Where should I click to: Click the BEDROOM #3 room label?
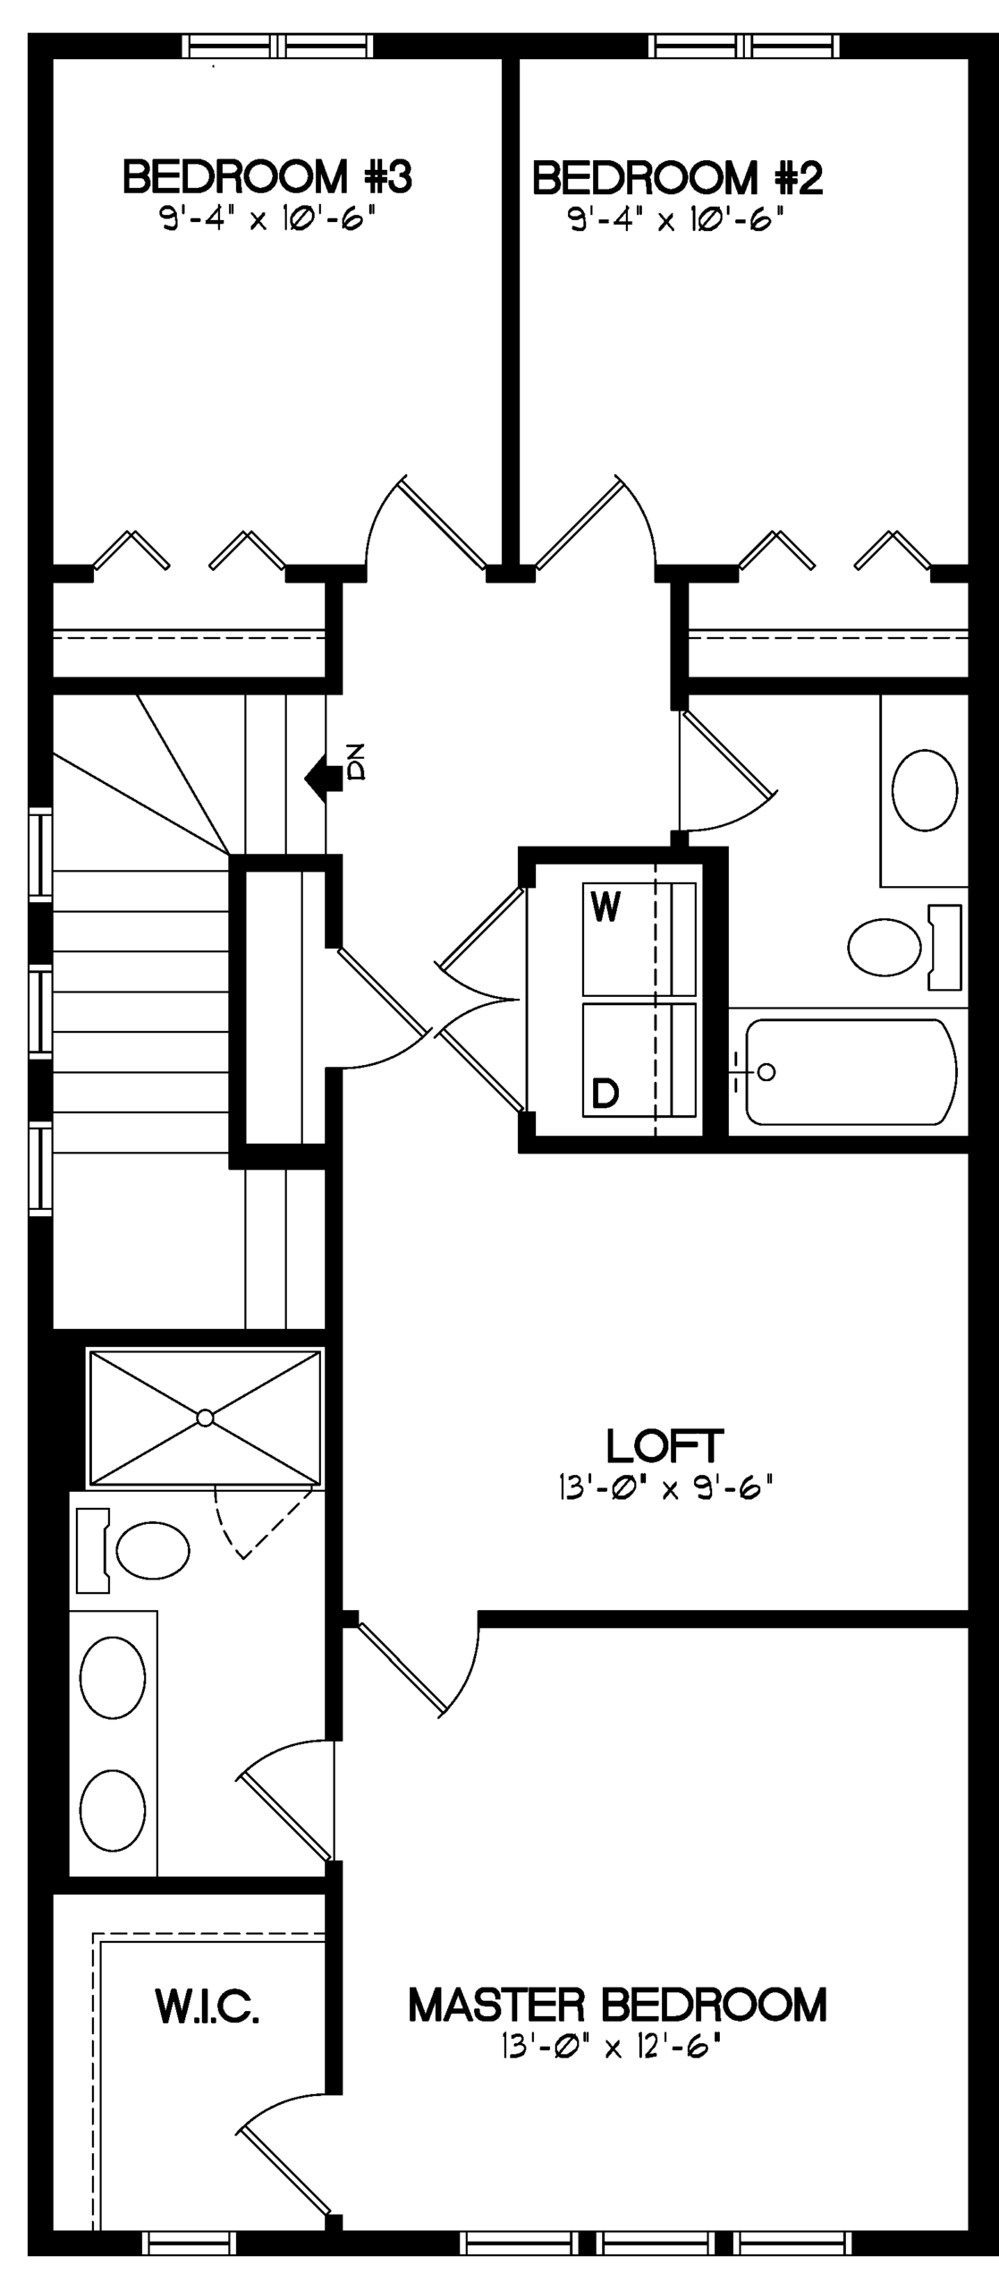[x=267, y=176]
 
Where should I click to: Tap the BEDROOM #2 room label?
[x=677, y=177]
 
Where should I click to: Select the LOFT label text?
[x=665, y=1445]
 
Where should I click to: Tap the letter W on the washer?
[x=605, y=908]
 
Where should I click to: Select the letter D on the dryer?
[x=605, y=1093]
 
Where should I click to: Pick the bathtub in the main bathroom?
[x=851, y=1071]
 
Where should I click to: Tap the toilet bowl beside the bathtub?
[x=885, y=948]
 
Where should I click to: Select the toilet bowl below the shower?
[x=153, y=1550]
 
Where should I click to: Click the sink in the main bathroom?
[x=925, y=790]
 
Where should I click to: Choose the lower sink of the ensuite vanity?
[x=113, y=1810]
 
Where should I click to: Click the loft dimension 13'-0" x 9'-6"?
[x=665, y=1488]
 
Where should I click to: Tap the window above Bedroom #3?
[x=277, y=46]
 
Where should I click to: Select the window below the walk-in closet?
[x=190, y=2243]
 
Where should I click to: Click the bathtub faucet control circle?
[x=766, y=1071]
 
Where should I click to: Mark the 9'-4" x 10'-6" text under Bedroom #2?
[x=677, y=219]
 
